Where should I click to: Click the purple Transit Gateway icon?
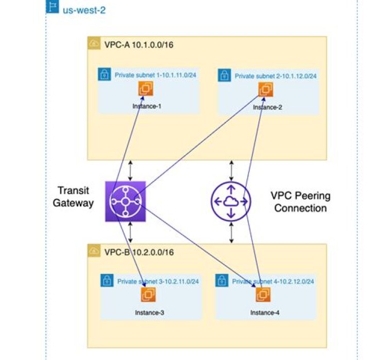coord(126,201)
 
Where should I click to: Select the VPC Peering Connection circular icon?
coord(231,202)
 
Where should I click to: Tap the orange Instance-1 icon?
coord(146,89)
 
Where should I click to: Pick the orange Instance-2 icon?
coord(266,89)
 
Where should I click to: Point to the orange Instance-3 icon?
coord(149,295)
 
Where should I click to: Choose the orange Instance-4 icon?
coord(263,295)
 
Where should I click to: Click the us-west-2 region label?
coord(84,10)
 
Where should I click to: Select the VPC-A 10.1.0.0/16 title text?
coord(139,44)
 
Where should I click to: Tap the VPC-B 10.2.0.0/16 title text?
coord(139,252)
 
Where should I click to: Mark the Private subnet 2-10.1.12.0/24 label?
coord(276,76)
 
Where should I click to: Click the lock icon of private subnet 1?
coord(105,74)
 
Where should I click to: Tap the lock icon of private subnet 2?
coord(225,75)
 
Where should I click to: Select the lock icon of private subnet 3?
coord(107,281)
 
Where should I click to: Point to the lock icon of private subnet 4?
coord(222,281)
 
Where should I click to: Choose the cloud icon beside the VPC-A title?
coord(94,44)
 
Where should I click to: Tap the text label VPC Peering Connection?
coord(300,202)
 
